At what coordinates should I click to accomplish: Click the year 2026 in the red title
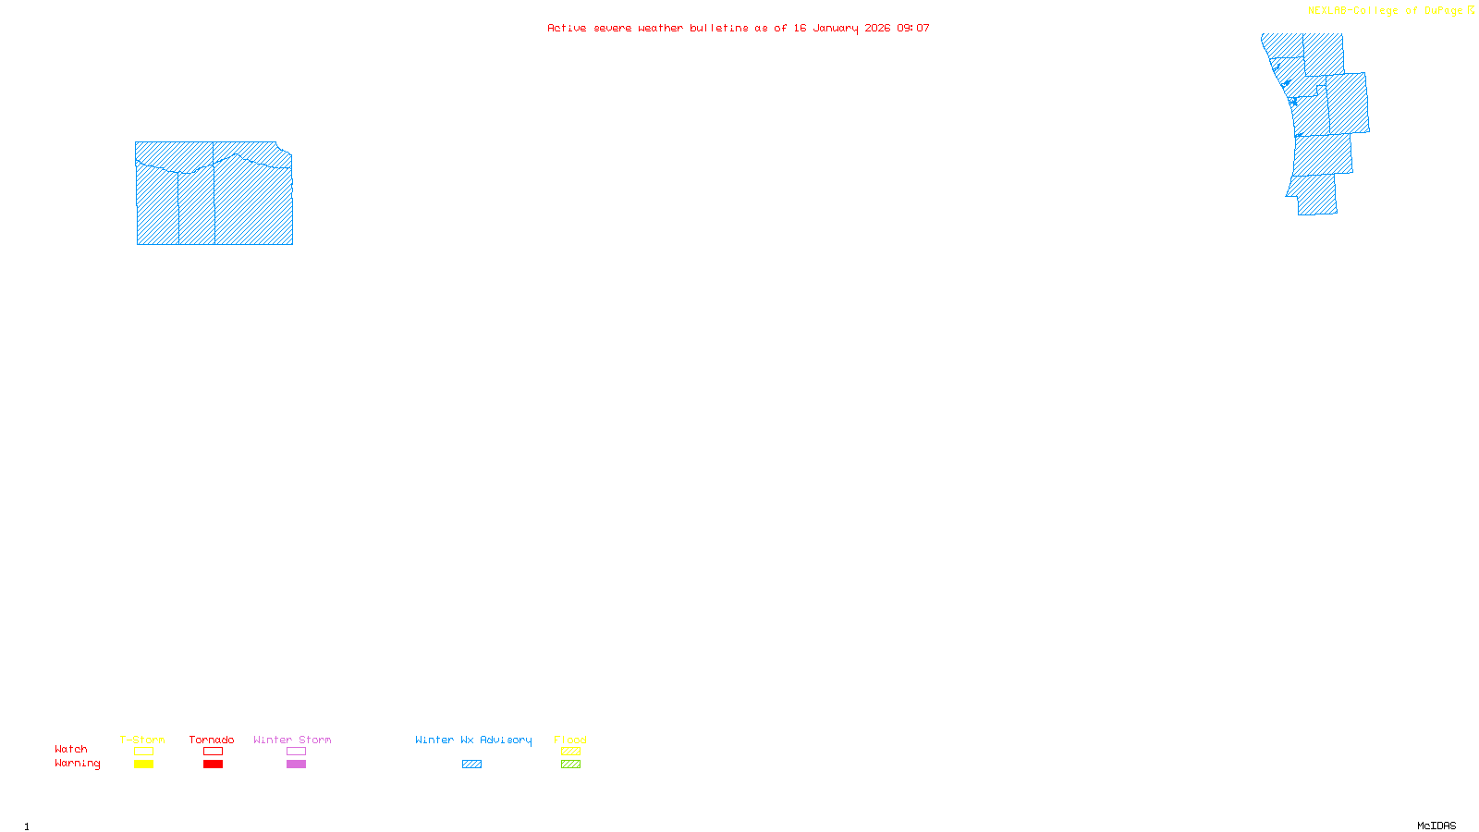[x=877, y=28]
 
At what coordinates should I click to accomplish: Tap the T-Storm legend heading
[x=142, y=740]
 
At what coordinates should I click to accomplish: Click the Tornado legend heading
[x=212, y=740]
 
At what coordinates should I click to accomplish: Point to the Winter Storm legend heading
[x=292, y=740]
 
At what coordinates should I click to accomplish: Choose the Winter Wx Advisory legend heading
[x=473, y=740]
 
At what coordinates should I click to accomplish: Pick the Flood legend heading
[x=570, y=740]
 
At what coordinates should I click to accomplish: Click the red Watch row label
[x=71, y=750]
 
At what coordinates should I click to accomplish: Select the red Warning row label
[x=78, y=764]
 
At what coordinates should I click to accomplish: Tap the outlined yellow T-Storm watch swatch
[x=143, y=752]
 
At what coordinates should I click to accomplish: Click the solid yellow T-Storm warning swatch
[x=143, y=765]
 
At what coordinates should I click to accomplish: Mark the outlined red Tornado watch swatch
[x=213, y=752]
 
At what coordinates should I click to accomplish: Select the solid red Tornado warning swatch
[x=213, y=765]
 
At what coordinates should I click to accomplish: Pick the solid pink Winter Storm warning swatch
[x=296, y=765]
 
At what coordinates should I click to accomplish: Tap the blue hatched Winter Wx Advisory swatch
[x=471, y=765]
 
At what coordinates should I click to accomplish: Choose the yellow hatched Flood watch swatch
[x=570, y=752]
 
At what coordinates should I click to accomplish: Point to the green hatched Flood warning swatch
[x=570, y=765]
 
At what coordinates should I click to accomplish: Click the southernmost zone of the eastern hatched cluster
[x=1315, y=196]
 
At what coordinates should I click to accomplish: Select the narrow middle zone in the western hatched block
[x=196, y=208]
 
